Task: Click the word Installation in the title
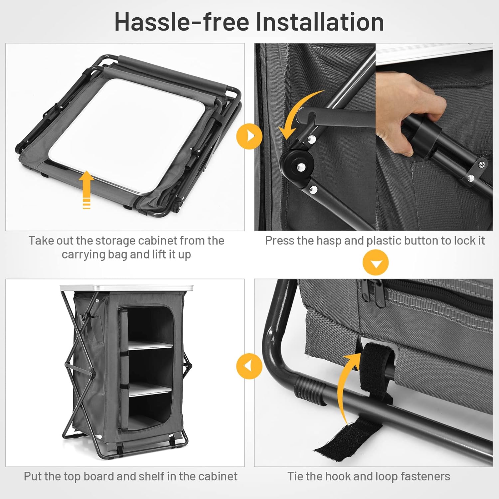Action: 320,22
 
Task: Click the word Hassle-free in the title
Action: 182,22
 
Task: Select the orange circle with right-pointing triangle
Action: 249,136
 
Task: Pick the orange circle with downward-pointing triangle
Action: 376,263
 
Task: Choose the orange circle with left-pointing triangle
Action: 249,366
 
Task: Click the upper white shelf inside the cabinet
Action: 150,345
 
